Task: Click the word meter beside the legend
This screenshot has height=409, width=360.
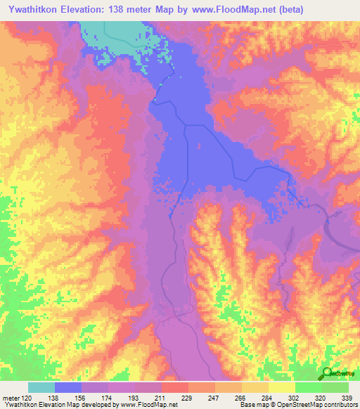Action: tap(11, 397)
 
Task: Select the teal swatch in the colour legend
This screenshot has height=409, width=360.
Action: tap(41, 387)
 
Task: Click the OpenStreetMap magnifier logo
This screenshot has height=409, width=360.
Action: tap(327, 372)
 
